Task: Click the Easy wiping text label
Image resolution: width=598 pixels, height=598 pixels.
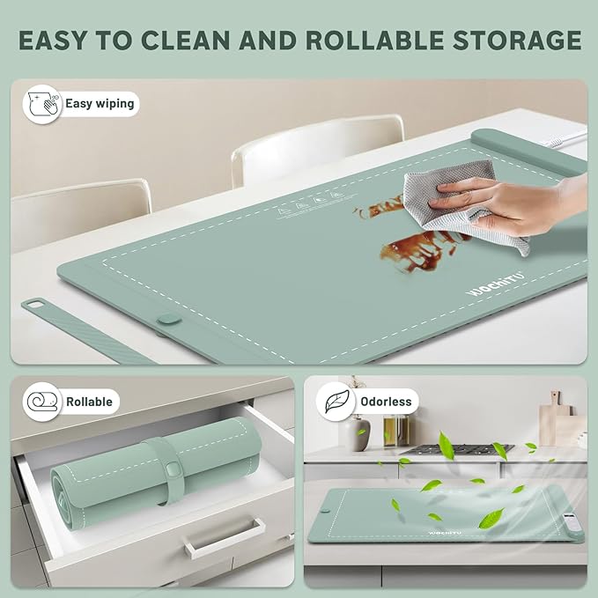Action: [100, 103]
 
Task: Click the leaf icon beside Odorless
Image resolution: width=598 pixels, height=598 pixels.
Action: [337, 402]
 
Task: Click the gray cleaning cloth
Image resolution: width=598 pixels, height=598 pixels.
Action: [458, 211]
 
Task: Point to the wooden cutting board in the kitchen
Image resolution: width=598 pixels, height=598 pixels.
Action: [553, 423]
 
